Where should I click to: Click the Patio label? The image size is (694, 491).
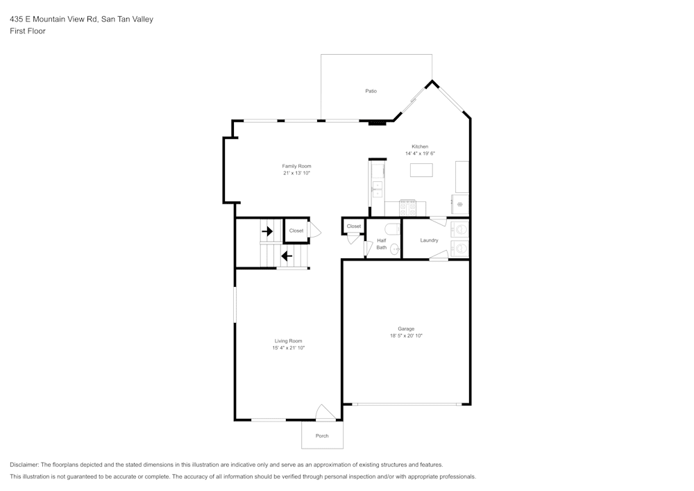pos(371,91)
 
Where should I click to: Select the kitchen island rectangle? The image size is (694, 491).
pos(421,170)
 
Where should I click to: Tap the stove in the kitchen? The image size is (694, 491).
pos(407,206)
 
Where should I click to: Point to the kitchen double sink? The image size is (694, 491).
pos(378,188)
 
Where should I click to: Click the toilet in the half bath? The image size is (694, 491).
pos(392,228)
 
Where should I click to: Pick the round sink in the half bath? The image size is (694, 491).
pos(394,249)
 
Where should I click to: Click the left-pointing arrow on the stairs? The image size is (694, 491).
pos(286,256)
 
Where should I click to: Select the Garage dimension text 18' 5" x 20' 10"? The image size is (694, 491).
pos(406,335)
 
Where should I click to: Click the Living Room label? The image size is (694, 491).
pos(288,341)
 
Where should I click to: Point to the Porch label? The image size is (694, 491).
pos(322,436)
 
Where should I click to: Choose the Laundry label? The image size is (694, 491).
pos(429,240)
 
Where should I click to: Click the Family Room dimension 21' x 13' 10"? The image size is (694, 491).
pos(296,173)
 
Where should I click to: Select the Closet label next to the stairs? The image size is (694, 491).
pos(296,231)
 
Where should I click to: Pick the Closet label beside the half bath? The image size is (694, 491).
pos(354,226)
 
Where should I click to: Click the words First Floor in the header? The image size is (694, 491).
pos(28,31)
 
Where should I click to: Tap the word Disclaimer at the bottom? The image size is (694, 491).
pos(24,465)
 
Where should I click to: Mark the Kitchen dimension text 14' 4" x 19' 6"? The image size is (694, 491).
pos(420,153)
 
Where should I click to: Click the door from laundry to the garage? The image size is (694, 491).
pos(437,258)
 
